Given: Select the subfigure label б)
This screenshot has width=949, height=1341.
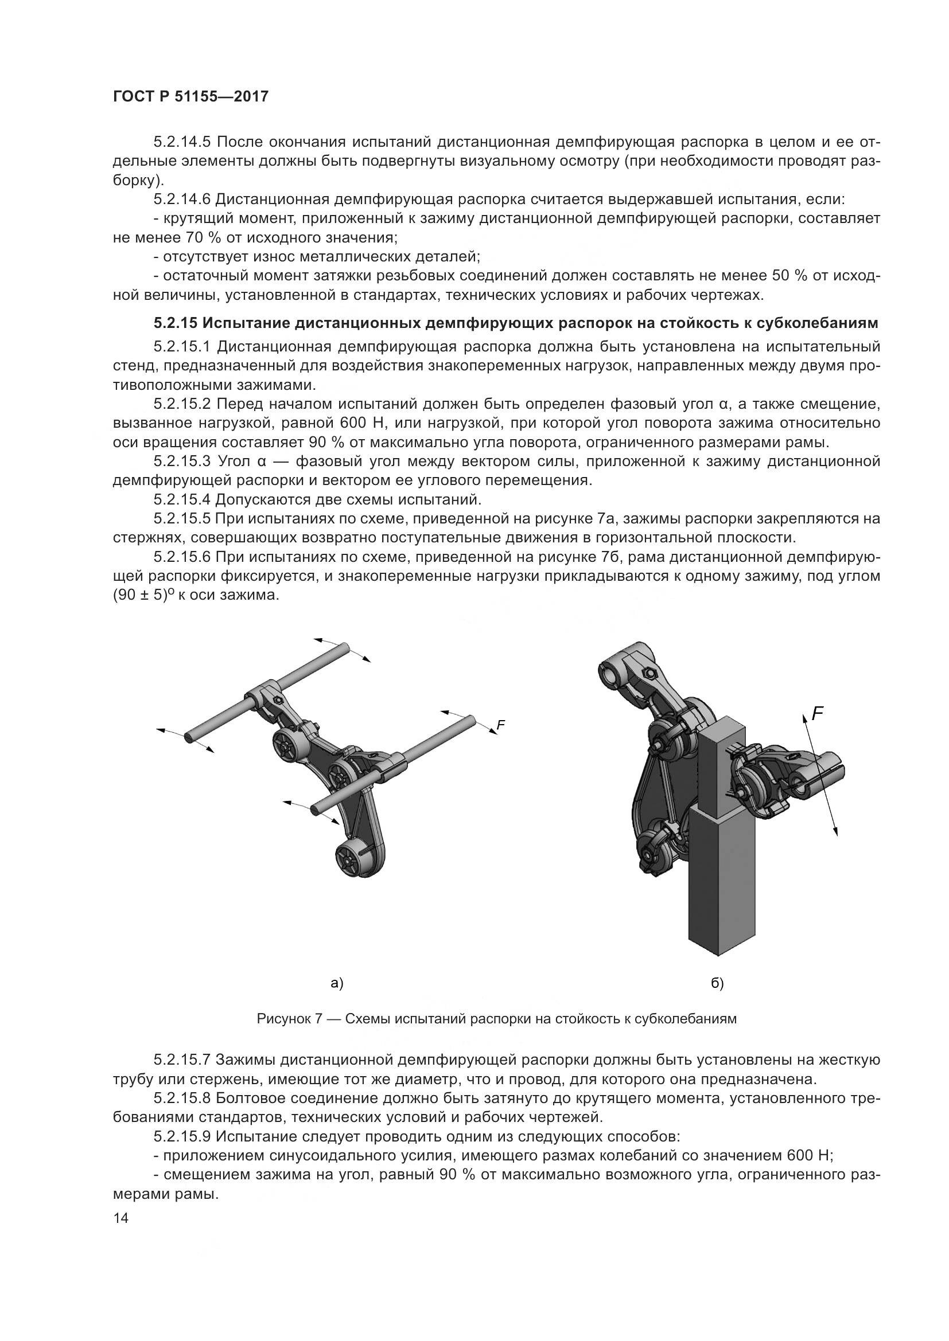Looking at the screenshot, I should click(717, 983).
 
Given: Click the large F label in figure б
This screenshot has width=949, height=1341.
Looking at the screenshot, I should click(818, 713).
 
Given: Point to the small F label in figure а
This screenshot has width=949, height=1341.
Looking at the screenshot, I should click(500, 725).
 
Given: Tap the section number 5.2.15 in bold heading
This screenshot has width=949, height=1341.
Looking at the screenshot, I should click(176, 323).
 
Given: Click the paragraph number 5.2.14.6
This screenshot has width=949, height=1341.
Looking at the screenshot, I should click(182, 199).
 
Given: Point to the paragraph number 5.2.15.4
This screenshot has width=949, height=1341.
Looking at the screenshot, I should click(182, 499).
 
